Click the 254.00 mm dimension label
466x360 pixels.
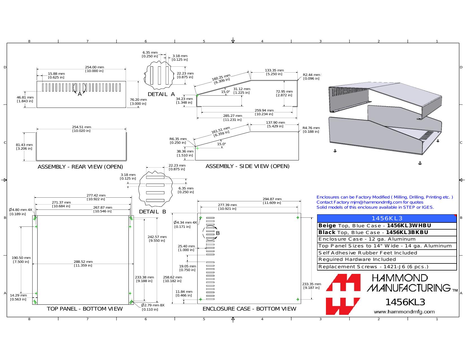pos(94,69)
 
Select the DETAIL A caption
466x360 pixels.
pos(161,94)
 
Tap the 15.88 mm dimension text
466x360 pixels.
pos(56,75)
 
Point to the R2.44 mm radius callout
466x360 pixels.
pos(312,77)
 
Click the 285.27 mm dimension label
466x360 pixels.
pos(232,118)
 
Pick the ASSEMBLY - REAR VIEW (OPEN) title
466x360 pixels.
pos(80,167)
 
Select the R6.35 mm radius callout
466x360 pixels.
pos(178,141)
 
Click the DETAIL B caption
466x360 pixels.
pos(153,212)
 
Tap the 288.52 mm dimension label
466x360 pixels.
pos(83,263)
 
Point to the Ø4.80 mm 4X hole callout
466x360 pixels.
pos(20,212)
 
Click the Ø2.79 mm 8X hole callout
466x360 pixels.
pos(153,307)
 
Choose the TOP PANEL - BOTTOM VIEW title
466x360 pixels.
pos(85,309)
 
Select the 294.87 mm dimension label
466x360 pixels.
pos(272,201)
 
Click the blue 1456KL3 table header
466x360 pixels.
pos(387,218)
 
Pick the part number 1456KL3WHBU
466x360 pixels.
pos(409,226)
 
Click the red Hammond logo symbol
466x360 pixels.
pos(343,294)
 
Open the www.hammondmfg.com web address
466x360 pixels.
pos(404,312)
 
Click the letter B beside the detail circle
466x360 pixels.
pos(218,233)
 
